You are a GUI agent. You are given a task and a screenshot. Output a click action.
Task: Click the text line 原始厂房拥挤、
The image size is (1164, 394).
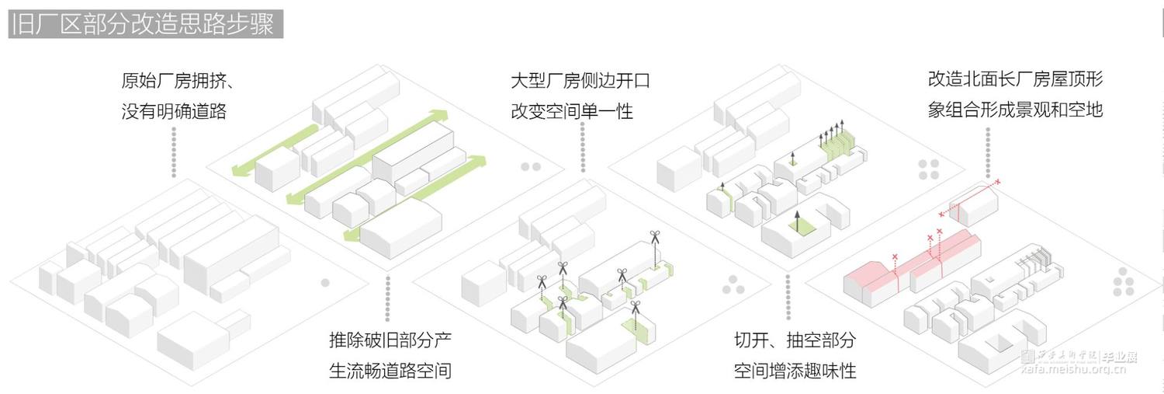pos(178,81)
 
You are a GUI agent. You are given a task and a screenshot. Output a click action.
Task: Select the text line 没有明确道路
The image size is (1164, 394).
pos(174,110)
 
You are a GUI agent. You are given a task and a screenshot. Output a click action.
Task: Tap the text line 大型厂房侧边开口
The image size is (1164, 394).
pos(580,81)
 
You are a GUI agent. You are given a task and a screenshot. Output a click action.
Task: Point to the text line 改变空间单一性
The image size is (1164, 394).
pos(572,110)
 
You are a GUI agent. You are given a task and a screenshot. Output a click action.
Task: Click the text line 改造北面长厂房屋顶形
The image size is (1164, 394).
pos(1015,79)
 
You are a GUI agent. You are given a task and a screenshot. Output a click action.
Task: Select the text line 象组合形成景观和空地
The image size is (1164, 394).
pos(1015,110)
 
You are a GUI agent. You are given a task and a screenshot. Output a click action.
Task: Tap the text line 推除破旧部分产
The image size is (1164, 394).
pos(390,340)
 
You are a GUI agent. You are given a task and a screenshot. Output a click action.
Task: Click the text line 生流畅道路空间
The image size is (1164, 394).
pos(390,370)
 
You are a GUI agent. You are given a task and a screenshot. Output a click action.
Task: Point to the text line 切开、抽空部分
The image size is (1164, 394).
pos(795,340)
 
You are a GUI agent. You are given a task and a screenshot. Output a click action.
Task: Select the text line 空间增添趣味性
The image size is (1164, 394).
pos(795,370)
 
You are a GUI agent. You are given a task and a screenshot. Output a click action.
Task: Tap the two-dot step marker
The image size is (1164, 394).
pos(531,166)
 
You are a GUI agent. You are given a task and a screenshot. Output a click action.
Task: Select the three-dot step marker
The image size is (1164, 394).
pos(732,286)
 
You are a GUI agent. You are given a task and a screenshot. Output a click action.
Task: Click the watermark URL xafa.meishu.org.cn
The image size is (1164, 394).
pos(1071,370)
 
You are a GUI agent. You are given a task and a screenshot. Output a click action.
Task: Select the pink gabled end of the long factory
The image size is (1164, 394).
pos(866,277)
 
